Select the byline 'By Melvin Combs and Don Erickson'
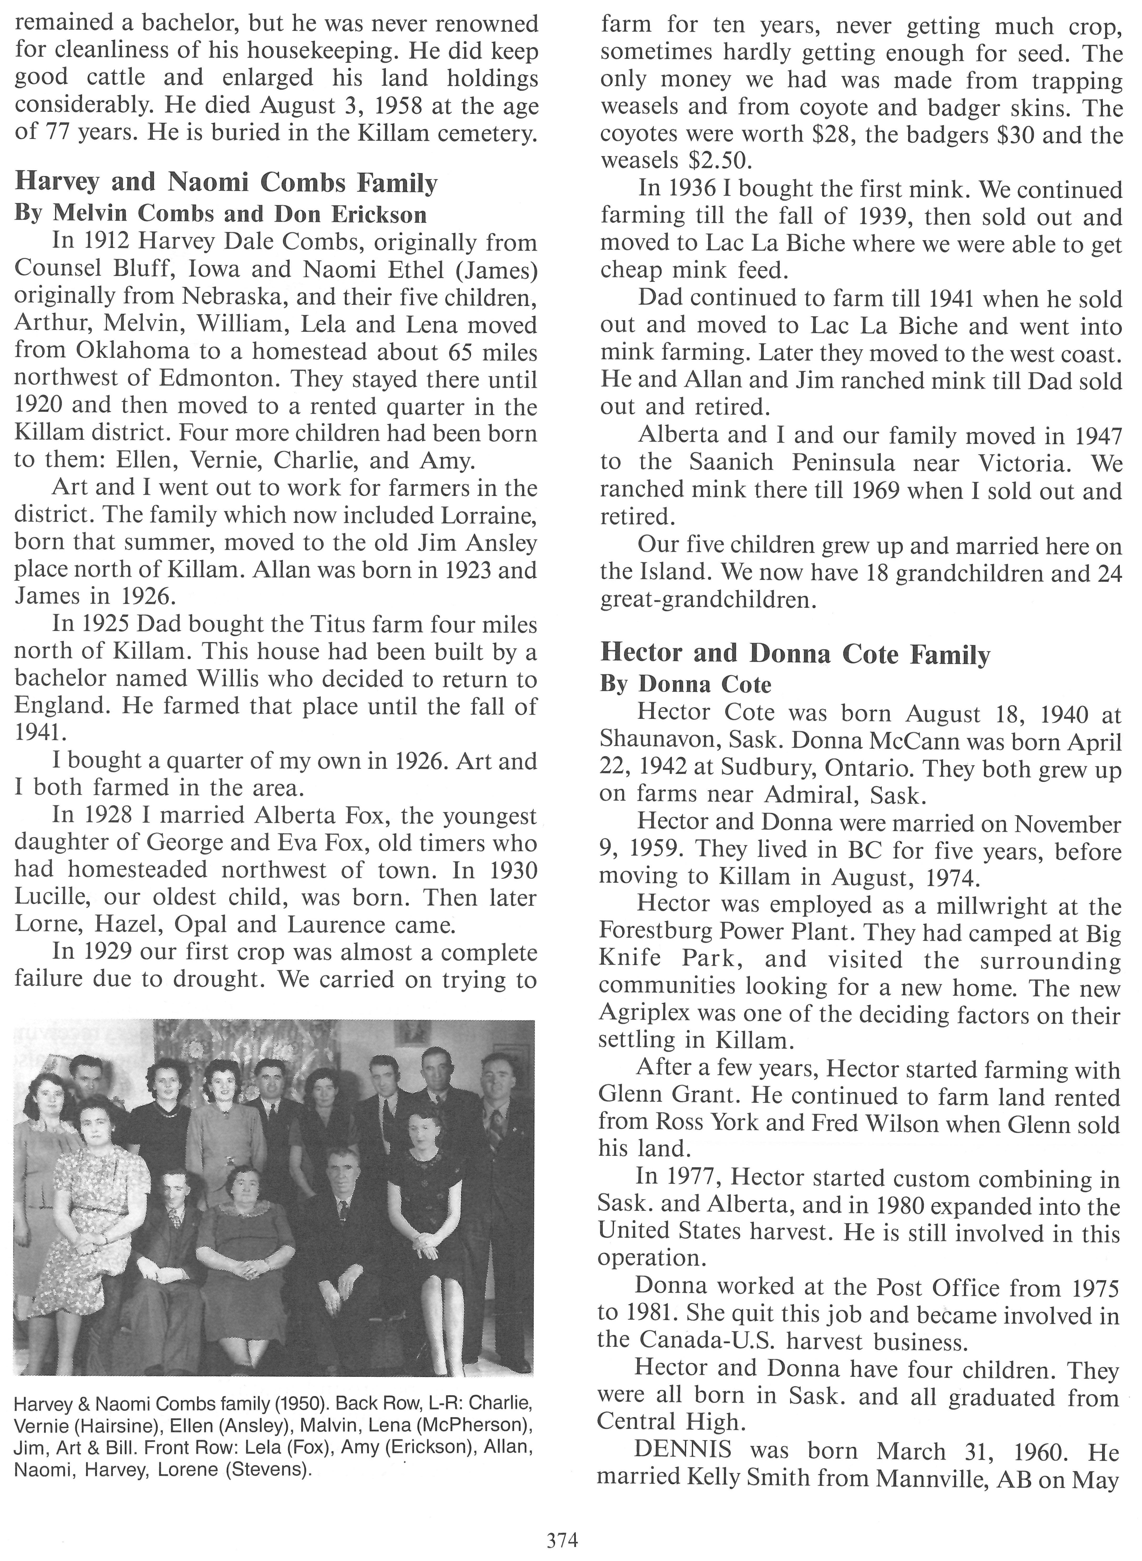coord(220,214)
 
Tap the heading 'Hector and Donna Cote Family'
coord(795,653)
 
